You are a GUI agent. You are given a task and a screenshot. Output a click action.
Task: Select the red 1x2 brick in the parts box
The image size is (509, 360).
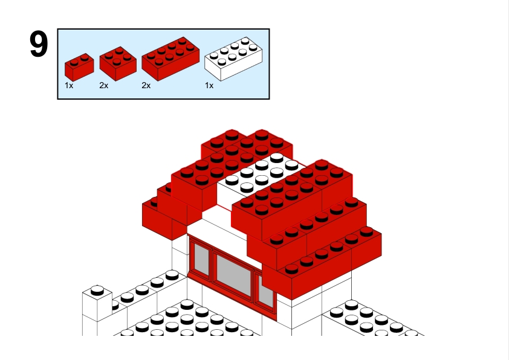click(x=79, y=67)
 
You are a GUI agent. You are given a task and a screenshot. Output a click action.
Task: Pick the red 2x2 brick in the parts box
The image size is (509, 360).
click(x=118, y=63)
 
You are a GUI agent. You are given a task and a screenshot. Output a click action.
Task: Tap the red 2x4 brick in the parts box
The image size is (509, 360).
click(x=170, y=59)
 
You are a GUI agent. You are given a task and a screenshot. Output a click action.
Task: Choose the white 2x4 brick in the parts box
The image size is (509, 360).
click(x=233, y=59)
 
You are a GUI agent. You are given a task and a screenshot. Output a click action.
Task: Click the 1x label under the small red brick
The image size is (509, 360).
click(x=69, y=86)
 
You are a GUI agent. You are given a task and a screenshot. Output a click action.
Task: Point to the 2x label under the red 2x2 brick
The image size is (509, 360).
click(x=104, y=86)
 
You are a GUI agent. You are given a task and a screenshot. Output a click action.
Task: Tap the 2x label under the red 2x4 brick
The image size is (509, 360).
click(x=146, y=86)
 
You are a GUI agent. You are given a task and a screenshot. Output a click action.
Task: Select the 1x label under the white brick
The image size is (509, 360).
click(x=209, y=86)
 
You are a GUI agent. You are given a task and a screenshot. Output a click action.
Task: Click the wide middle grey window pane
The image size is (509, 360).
click(x=234, y=275)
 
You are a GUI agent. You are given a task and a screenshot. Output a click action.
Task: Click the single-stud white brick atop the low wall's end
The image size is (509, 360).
click(x=97, y=303)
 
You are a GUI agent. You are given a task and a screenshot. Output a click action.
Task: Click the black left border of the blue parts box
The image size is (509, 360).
click(x=57, y=64)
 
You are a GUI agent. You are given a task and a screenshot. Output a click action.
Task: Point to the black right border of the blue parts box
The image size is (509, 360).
click(x=269, y=64)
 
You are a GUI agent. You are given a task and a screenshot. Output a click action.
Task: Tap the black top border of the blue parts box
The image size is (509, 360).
click(x=163, y=29)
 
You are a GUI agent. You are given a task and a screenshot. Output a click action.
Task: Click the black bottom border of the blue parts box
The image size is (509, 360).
click(x=163, y=98)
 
